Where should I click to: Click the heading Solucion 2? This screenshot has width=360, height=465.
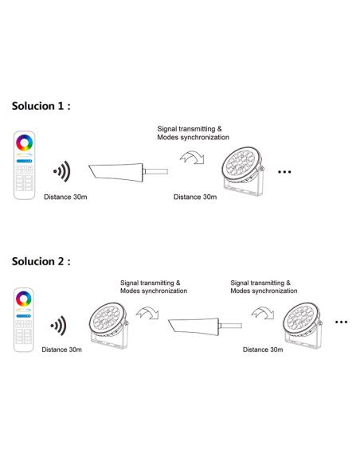[x=47, y=260]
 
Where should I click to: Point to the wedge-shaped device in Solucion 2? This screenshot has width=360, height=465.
[x=196, y=326]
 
